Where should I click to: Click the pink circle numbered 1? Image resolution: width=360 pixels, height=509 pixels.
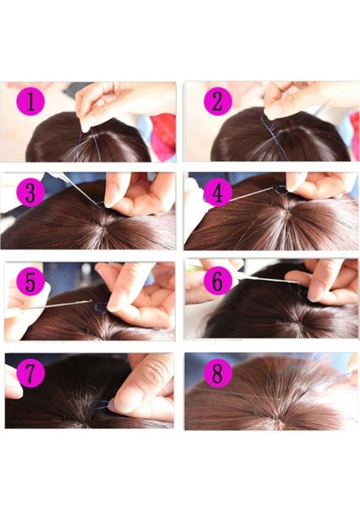tap(31, 102)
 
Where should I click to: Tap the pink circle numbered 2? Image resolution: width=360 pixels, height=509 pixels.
tap(217, 102)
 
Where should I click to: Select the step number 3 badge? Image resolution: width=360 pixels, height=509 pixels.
tap(31, 193)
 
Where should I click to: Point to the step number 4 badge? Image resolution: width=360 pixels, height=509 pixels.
tap(217, 193)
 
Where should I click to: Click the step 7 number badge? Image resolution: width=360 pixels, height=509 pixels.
tap(30, 373)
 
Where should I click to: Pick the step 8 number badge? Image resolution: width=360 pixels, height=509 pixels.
tap(217, 373)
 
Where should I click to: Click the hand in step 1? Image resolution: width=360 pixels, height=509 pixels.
tap(119, 100)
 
